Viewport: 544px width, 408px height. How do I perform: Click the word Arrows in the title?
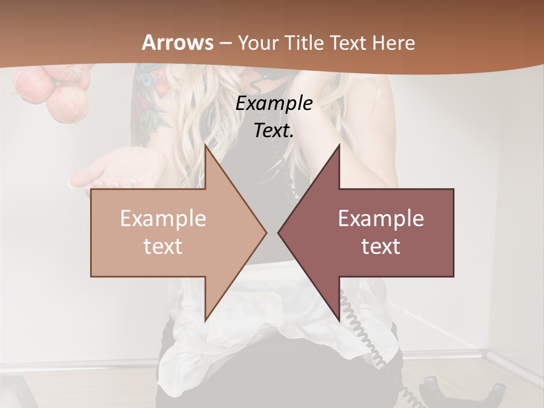coord(177,42)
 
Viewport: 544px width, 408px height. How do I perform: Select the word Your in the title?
coord(257,43)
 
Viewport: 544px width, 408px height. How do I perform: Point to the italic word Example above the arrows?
coord(274,104)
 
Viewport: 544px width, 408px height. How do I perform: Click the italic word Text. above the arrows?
coord(274,131)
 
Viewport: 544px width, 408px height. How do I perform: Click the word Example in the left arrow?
coord(163,219)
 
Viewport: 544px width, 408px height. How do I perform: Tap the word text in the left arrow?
coord(163,246)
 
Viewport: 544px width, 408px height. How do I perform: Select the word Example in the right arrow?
coord(381,219)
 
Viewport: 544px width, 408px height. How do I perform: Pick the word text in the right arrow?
coord(381,246)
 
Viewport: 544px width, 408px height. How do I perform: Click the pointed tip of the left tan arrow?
coord(265,232)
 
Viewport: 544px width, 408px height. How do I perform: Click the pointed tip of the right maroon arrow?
coord(279,232)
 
